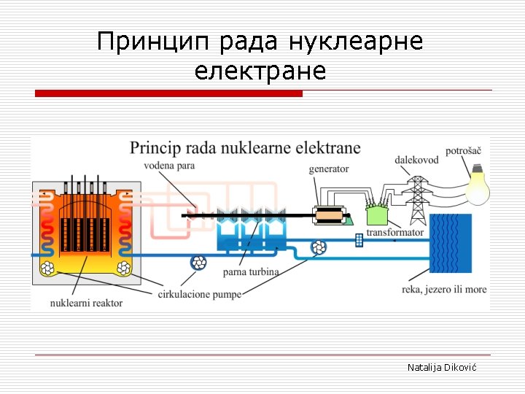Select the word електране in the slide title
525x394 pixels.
click(x=260, y=72)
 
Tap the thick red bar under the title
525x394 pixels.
click(x=168, y=93)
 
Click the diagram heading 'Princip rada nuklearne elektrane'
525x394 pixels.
click(x=245, y=148)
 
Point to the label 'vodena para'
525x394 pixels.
click(x=170, y=166)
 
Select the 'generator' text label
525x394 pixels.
click(x=329, y=169)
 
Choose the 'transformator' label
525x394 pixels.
click(x=394, y=233)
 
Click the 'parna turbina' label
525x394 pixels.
click(x=251, y=272)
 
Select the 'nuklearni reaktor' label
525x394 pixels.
click(x=87, y=302)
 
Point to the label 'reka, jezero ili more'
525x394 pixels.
click(x=444, y=289)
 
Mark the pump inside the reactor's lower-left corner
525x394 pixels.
click(x=49, y=269)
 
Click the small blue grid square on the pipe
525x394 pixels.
click(x=359, y=240)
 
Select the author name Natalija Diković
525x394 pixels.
click(x=441, y=368)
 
